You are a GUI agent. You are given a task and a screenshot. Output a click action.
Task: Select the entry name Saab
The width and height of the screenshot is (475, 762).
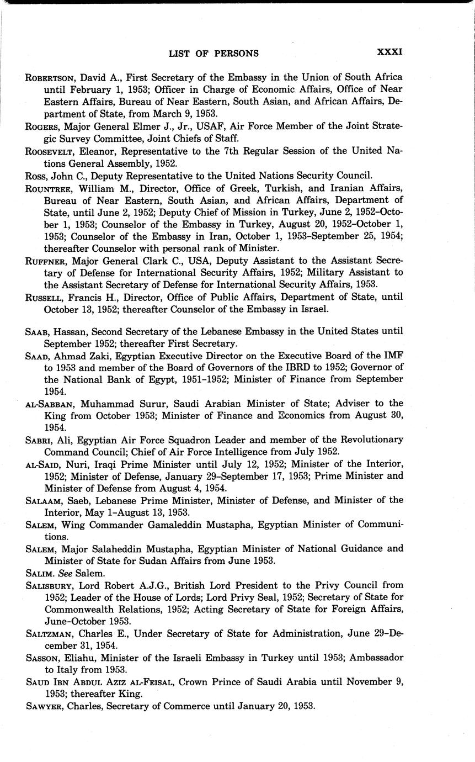pyautogui.click(x=36, y=331)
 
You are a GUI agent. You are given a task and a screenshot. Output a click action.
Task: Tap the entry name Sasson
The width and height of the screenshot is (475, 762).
pyautogui.click(x=41, y=658)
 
